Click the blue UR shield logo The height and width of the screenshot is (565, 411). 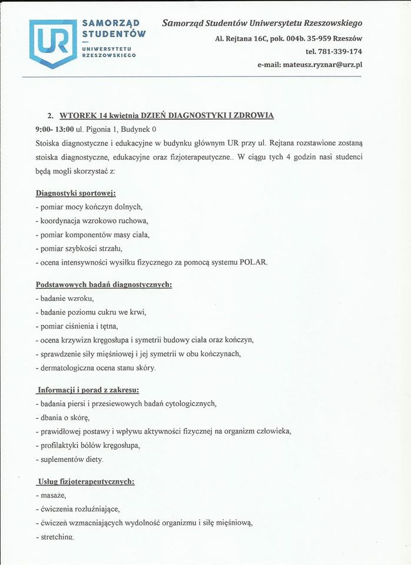coord(53,43)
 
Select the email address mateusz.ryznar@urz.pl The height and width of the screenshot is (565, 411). coord(323,64)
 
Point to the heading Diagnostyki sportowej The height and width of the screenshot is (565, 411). coord(70,192)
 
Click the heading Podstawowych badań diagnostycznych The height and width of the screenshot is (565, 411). coord(104,285)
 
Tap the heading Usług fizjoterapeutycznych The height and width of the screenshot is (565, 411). coord(86,481)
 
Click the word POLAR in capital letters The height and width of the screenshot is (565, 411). coord(253,262)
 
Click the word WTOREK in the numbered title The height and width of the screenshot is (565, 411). coord(79,115)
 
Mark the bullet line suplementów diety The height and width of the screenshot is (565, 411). coord(69,458)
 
